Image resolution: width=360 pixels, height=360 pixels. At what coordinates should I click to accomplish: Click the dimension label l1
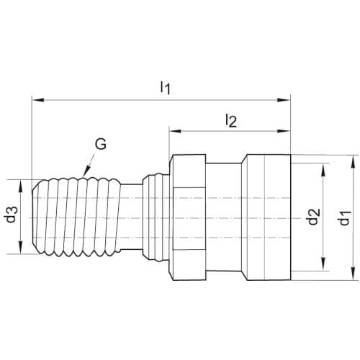[x=166, y=87]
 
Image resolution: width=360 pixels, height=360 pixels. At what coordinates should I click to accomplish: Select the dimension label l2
[x=231, y=121]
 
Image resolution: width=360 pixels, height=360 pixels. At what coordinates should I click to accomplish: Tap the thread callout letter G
[x=101, y=144]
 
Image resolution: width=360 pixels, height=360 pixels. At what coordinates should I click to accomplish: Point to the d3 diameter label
[x=12, y=215]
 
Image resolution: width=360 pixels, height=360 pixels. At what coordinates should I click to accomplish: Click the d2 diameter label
[x=314, y=217]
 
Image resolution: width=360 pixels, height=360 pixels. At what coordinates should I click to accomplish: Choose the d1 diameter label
[x=345, y=218]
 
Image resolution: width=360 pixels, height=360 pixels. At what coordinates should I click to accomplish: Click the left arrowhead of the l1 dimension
[x=38, y=100]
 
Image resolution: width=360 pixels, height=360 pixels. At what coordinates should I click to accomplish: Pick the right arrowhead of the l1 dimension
[x=284, y=100]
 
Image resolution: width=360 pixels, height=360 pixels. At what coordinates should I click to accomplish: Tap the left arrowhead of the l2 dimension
[x=175, y=131]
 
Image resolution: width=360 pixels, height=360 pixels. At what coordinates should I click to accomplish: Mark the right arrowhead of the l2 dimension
[x=284, y=131]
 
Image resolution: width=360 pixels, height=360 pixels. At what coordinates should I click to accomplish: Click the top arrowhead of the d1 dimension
[x=353, y=161]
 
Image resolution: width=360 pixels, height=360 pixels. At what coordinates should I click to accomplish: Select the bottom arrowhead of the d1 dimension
[x=353, y=274]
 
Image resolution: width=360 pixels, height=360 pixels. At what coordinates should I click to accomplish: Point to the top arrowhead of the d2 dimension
[x=323, y=169]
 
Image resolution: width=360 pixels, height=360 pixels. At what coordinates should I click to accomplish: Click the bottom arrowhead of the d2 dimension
[x=323, y=265]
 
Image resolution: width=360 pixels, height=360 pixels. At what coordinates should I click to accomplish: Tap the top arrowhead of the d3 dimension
[x=20, y=186]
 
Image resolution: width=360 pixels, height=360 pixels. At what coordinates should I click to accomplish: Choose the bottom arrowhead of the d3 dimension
[x=20, y=248]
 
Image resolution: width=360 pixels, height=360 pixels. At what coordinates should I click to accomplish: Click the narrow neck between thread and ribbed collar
[x=131, y=217]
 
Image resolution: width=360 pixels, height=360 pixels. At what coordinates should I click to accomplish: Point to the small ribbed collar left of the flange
[x=156, y=217]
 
